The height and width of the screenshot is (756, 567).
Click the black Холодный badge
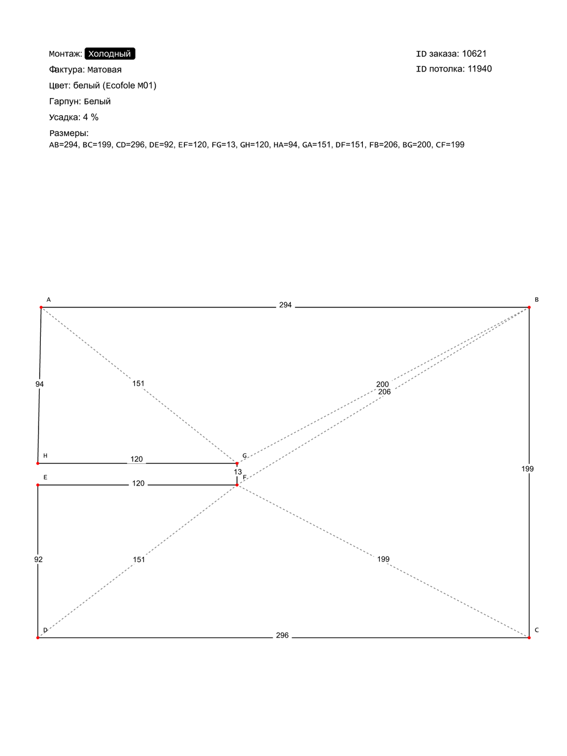[109, 54]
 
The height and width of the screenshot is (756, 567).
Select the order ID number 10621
[474, 54]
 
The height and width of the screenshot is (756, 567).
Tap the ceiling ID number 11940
[479, 69]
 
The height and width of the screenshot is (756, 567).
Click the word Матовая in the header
[104, 70]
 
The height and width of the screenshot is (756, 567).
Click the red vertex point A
[41, 307]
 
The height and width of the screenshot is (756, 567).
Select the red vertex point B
[529, 307]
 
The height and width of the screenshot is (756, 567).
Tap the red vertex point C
[529, 637]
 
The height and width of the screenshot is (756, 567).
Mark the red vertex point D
[38, 637]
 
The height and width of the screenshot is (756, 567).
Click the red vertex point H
[38, 463]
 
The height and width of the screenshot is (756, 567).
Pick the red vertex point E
[38, 485]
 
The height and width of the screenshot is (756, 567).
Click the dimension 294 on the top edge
[285, 305]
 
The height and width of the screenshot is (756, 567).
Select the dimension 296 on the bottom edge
[282, 635]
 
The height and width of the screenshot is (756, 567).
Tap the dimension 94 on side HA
[40, 384]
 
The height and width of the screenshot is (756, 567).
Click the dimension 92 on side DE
[39, 559]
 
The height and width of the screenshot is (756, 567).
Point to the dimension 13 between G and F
[238, 472]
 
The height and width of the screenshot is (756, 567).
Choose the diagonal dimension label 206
[384, 392]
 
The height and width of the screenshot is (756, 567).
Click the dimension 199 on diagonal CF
[383, 559]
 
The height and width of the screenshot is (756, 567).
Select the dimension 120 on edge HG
[137, 459]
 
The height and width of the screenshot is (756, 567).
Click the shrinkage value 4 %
[91, 117]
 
